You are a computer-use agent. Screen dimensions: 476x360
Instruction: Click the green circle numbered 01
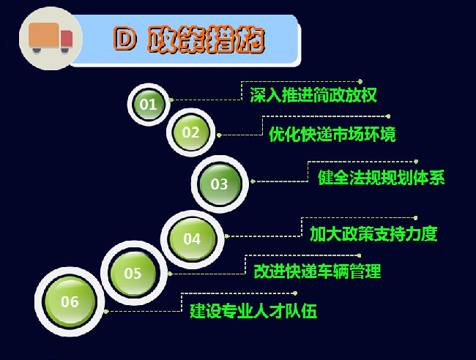point(149,105)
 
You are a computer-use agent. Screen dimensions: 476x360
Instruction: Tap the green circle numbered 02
point(190,132)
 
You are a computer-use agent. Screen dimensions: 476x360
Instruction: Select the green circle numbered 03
point(220,184)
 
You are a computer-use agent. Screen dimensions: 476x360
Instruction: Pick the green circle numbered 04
point(192,239)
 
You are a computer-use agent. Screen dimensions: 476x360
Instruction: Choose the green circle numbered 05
point(133,273)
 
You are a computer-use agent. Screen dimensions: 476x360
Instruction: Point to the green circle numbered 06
point(70,301)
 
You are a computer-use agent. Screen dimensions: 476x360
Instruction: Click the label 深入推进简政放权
point(313,95)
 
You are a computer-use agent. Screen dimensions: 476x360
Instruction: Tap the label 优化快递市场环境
point(332,134)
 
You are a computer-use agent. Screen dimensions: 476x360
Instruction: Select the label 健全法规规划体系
point(382,177)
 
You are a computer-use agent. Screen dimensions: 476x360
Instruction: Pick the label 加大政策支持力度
point(373,234)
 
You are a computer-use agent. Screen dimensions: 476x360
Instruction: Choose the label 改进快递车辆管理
point(317,271)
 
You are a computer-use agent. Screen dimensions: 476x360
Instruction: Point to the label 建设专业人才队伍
point(253,311)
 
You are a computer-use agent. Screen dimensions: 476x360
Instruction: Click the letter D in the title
point(124,39)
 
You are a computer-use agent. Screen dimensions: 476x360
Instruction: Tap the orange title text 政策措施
point(206,40)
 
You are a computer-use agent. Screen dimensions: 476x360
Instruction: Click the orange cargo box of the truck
point(44,35)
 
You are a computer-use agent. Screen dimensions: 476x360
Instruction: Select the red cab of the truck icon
point(67,39)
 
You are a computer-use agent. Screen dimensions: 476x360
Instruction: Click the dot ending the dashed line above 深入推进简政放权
point(360,81)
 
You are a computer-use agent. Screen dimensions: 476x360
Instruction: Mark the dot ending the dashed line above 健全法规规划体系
point(416,162)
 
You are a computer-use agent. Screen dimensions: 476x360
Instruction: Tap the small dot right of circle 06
point(106,312)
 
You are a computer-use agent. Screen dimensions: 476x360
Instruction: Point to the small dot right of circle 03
point(253,181)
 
